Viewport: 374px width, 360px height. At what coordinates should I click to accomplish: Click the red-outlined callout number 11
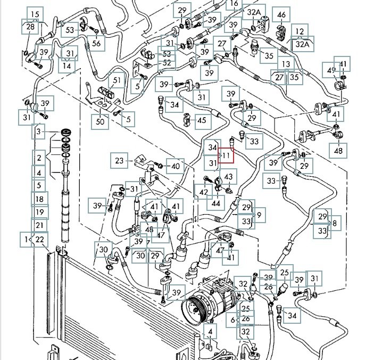pyautogui.click(x=227, y=156)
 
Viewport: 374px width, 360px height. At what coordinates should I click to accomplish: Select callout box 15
pyautogui.click(x=35, y=14)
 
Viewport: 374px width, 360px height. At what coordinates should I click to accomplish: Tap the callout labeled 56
pyautogui.click(x=96, y=43)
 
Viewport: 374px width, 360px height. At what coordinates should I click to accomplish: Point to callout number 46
pyautogui.click(x=281, y=14)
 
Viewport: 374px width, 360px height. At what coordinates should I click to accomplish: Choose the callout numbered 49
pyautogui.click(x=332, y=70)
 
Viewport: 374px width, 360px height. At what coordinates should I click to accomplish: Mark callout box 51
pyautogui.click(x=117, y=81)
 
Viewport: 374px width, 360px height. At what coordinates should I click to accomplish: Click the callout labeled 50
pyautogui.click(x=99, y=121)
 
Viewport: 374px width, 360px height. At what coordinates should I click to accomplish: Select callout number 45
pyautogui.click(x=201, y=120)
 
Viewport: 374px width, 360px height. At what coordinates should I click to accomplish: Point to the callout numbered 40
pyautogui.click(x=176, y=166)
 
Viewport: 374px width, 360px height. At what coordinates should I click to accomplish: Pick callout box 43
pyautogui.click(x=229, y=177)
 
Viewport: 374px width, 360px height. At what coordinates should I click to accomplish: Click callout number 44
pyautogui.click(x=215, y=203)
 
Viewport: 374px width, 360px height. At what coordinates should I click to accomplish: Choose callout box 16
pyautogui.click(x=234, y=4)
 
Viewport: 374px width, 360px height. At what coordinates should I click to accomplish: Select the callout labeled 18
pyautogui.click(x=39, y=199)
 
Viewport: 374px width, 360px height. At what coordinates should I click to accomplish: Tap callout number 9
pyautogui.click(x=259, y=215)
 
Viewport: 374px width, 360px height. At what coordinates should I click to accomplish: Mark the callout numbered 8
pyautogui.click(x=334, y=224)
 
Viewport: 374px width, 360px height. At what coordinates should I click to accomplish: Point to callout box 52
pyautogui.click(x=167, y=63)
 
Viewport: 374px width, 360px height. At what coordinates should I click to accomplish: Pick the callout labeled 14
pyautogui.click(x=67, y=66)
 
